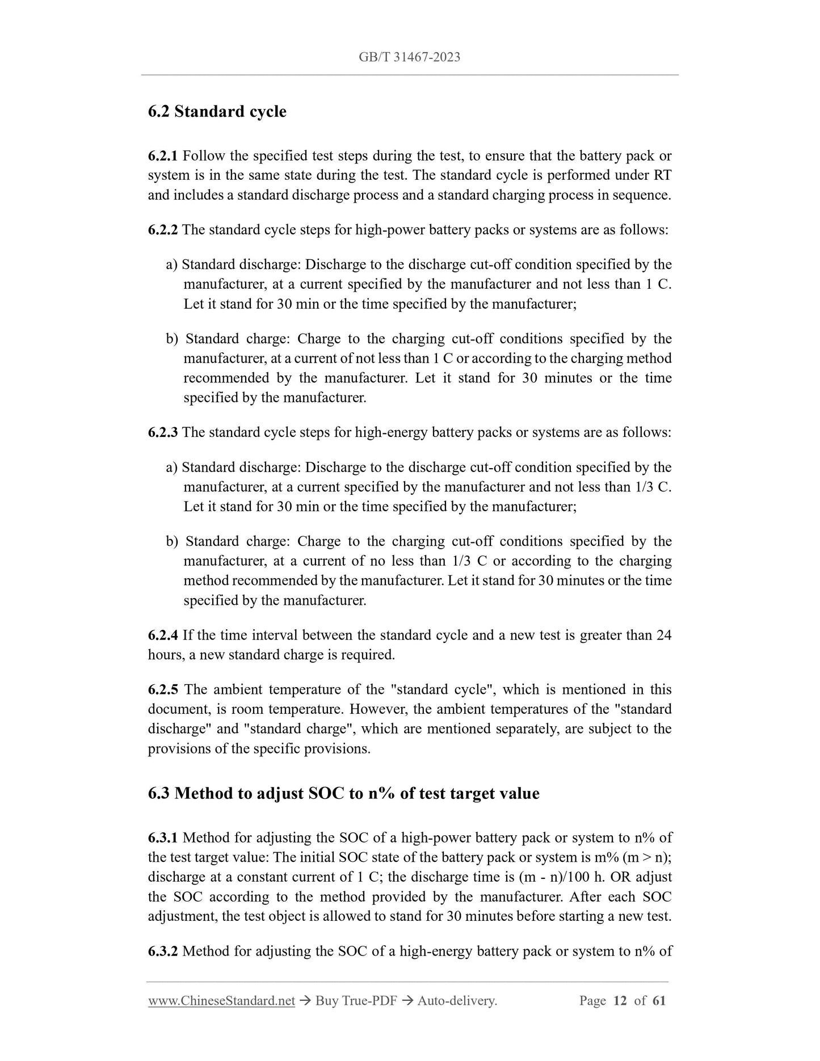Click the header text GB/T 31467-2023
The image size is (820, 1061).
coord(409,57)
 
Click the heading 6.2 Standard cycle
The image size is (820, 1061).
coord(217,111)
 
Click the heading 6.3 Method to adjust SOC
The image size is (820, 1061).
coord(343,793)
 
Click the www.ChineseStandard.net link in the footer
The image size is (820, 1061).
coord(221,1001)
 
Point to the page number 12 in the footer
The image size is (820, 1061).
coord(620,1001)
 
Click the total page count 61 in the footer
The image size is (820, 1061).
coord(659,1001)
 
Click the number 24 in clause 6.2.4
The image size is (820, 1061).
coord(663,635)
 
